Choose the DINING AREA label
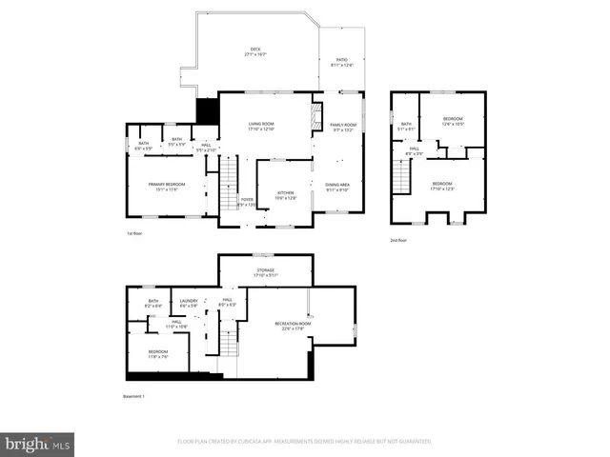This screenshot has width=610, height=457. (x=337, y=187)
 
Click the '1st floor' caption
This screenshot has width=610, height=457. (x=135, y=233)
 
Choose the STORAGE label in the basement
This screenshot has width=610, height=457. (x=265, y=272)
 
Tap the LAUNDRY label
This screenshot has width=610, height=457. (x=188, y=303)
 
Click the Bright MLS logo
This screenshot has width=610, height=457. (x=38, y=444)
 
